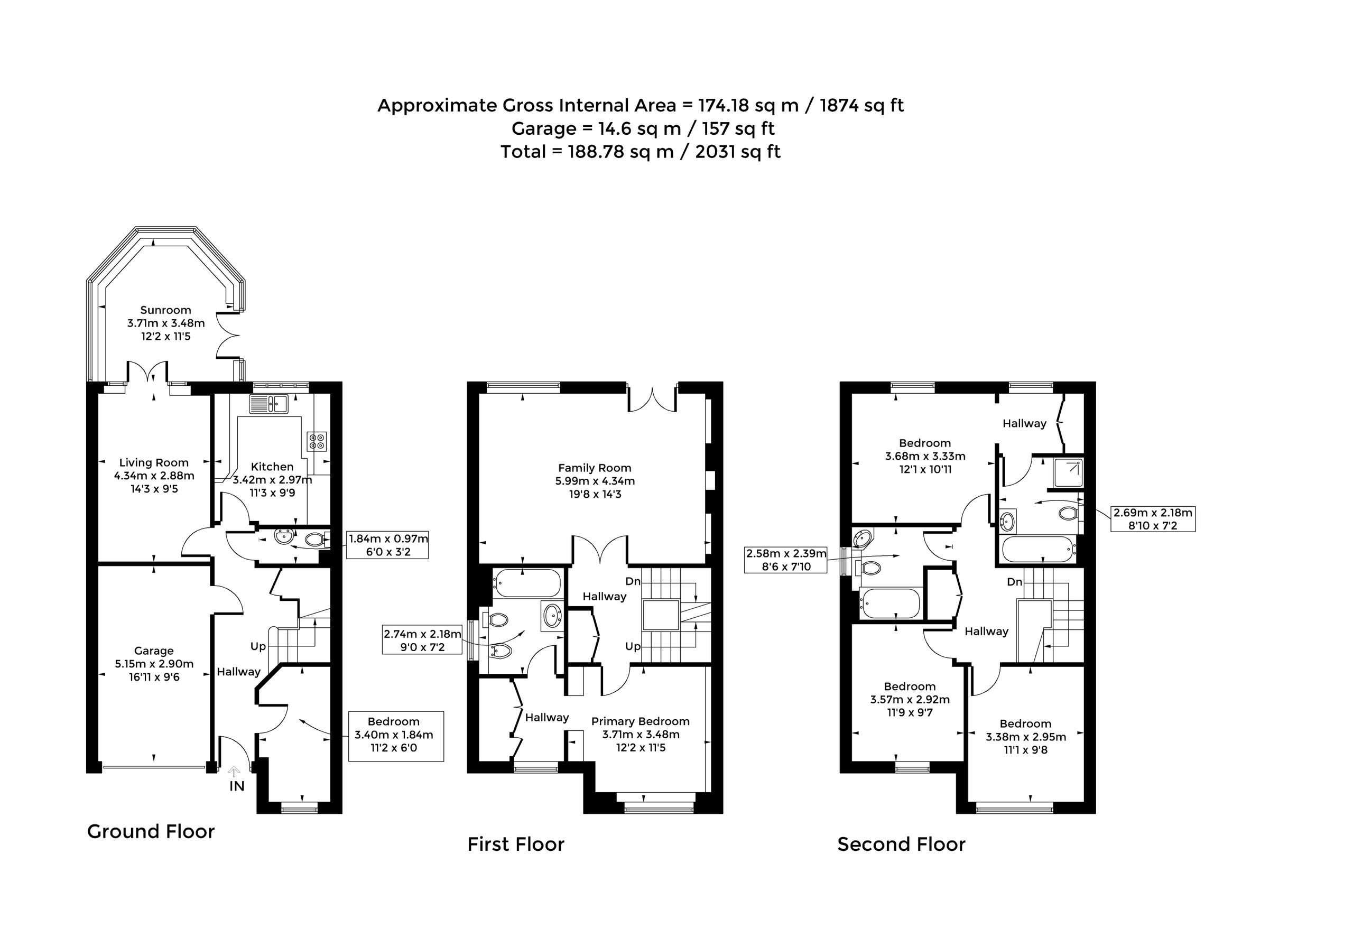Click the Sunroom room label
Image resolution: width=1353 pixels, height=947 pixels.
(165, 310)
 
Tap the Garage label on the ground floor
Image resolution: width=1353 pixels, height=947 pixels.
(154, 651)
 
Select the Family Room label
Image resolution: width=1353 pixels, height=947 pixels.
(595, 468)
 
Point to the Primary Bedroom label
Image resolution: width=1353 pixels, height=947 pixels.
(640, 721)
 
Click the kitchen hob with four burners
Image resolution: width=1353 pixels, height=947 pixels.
(317, 441)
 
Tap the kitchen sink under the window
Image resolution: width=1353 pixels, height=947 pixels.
(268, 404)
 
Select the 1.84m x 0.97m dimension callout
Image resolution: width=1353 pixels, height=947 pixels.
(388, 545)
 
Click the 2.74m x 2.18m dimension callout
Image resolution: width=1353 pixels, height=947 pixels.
(422, 640)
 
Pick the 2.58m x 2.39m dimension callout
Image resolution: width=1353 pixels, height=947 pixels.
(786, 560)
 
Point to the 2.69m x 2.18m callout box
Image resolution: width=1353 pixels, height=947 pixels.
(1153, 518)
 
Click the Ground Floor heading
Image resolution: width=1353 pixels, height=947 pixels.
(151, 831)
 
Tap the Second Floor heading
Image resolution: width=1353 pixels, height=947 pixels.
(902, 844)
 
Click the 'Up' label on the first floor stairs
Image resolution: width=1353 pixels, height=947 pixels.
(633, 646)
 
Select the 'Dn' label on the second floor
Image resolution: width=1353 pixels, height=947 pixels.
(1014, 582)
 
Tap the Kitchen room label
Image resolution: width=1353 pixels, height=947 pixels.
(272, 467)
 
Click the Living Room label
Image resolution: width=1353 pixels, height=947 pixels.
(154, 462)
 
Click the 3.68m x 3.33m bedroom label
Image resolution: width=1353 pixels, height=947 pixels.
(925, 456)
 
